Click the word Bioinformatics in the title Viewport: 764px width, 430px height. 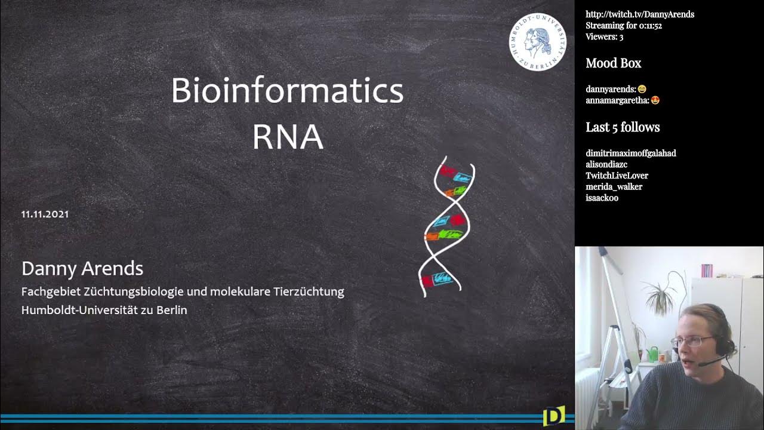(287, 91)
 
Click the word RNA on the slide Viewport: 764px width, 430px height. (287, 137)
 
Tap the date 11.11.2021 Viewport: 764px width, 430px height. (45, 214)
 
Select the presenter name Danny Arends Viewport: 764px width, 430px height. (82, 269)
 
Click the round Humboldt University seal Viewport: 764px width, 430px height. (537, 42)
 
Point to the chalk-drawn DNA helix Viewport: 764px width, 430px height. (448, 227)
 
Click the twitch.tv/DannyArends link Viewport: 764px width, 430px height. (640, 14)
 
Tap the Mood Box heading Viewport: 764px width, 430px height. (613, 63)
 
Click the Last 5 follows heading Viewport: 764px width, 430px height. (623, 127)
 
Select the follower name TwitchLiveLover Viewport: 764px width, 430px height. (617, 176)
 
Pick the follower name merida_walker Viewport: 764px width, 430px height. (614, 187)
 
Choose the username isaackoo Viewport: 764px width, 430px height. (602, 198)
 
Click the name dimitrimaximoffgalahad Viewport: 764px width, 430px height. (631, 153)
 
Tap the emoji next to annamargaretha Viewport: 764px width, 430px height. (655, 100)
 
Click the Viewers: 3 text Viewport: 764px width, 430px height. (604, 37)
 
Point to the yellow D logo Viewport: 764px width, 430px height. (553, 416)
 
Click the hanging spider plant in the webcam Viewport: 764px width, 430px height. (663, 293)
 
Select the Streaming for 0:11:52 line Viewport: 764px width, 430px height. (624, 26)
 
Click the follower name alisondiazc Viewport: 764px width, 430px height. (606, 164)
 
